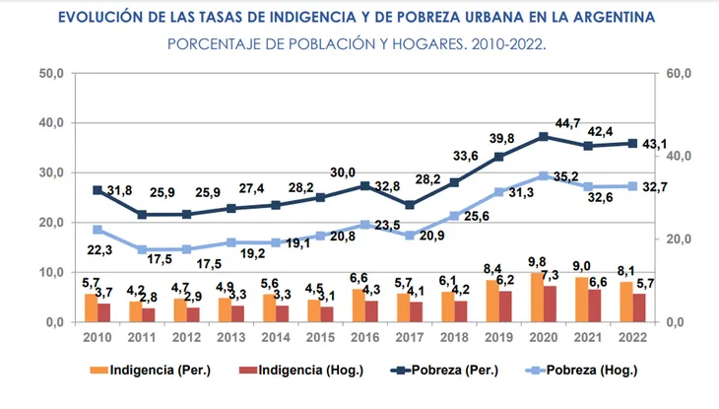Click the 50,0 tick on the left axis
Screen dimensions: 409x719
click(x=50, y=74)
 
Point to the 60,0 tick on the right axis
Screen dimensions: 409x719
click(x=679, y=74)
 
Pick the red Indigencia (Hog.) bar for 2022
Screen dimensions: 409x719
click(x=639, y=307)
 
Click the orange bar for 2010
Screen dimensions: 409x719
click(x=91, y=307)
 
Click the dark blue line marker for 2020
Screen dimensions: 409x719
click(x=544, y=137)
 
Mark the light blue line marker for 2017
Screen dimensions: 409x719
click(x=409, y=236)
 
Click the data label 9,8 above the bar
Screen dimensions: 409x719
click(x=536, y=261)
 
